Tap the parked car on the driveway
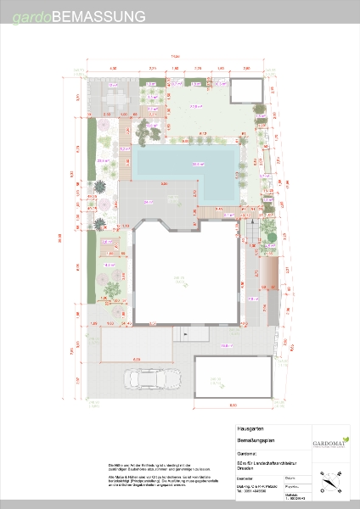(x=147, y=379)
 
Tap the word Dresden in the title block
(x=249, y=470)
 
